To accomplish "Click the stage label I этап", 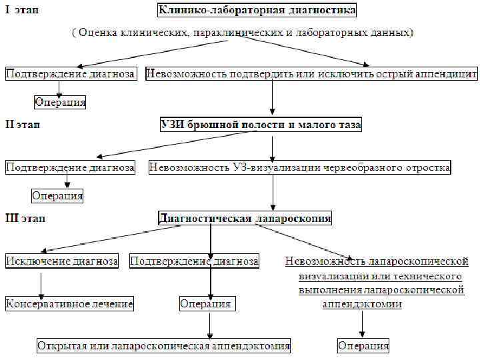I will coord(21,11).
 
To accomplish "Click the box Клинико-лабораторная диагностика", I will coord(257,10).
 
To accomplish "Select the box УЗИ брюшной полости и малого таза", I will coord(261,125).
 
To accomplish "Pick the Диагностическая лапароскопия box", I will coord(245,218).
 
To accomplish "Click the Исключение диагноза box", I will coord(62,261).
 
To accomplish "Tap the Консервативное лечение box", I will coord(69,304).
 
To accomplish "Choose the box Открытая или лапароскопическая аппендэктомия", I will coord(163,346).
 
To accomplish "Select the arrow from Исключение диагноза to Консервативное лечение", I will coord(42,283).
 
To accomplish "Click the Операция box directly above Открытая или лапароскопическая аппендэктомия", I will coord(206,304).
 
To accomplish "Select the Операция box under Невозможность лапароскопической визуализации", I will coord(363,346).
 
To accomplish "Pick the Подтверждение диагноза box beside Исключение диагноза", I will coord(194,261).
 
